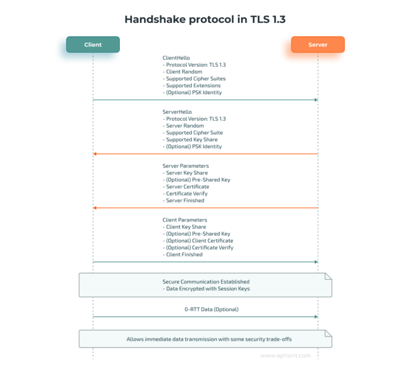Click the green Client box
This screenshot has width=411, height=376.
[x=93, y=44]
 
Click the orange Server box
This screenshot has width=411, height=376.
[x=317, y=44]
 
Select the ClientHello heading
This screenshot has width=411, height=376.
[x=176, y=58]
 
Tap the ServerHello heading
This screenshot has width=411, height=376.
[x=177, y=112]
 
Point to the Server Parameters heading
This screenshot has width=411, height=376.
[x=186, y=166]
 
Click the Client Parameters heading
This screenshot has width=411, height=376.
[x=185, y=220]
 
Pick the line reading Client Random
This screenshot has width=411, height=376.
[x=184, y=72]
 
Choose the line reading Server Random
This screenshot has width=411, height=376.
[x=185, y=126]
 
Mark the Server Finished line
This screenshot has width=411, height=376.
[x=185, y=201]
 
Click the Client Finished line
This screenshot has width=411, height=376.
[x=184, y=255]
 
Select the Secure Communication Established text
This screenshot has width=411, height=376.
[x=206, y=281]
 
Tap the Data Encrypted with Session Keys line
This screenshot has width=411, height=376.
[x=206, y=289]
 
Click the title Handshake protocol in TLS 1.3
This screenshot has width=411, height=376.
[x=205, y=19]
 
